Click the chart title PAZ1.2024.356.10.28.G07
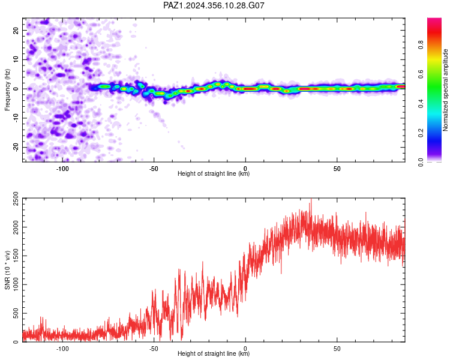214,5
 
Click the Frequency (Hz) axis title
7,90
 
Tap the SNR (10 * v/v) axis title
7,270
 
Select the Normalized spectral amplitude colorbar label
445,90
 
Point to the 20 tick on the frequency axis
16,30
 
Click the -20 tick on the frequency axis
16,147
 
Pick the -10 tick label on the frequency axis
16,118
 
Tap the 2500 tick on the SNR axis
16,199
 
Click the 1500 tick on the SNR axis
16,256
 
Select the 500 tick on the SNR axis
16,313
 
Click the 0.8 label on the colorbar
421,44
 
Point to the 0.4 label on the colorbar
421,103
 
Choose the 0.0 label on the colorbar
421,162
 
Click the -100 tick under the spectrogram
62,169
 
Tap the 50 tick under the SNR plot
337,349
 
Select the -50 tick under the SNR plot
154,349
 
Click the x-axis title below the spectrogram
214,173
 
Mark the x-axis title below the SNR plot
214,353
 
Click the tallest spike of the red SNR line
311,200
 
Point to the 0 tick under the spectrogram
245,169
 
